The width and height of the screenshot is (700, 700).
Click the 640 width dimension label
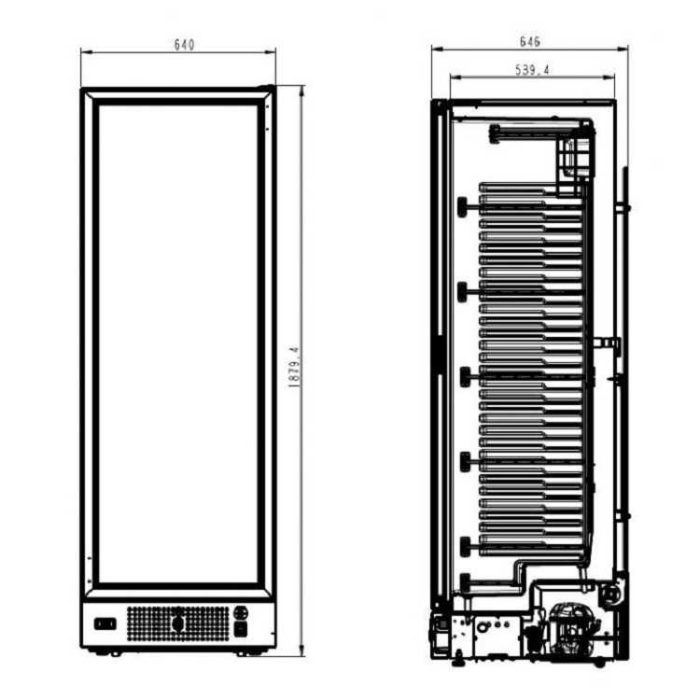(x=184, y=45)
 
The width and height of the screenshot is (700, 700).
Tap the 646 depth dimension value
(x=530, y=42)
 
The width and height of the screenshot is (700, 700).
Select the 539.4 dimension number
(x=533, y=70)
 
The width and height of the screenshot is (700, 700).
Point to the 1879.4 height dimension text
(x=294, y=367)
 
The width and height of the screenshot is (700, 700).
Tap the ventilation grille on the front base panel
(x=178, y=623)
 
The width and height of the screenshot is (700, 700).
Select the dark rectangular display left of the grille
(x=105, y=624)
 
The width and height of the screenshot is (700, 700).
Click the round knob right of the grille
(x=241, y=612)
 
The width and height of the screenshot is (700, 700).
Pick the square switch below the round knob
(x=241, y=629)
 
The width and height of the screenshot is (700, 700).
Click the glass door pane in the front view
(x=178, y=344)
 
